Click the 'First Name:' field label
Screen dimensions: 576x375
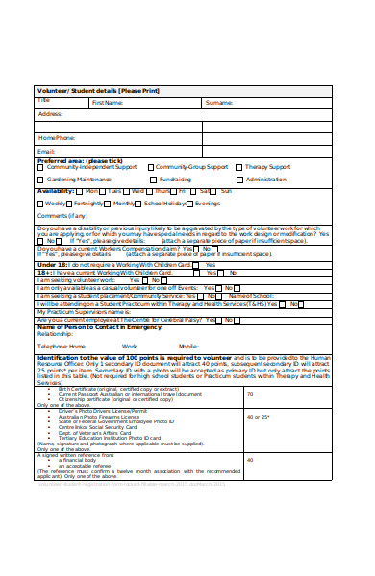coord(107,101)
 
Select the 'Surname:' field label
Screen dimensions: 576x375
coord(218,101)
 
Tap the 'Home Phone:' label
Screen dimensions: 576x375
coord(57,137)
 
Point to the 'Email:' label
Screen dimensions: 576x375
coord(46,151)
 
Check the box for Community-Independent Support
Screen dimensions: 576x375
coord(40,167)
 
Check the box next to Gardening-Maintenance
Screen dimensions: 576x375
coord(40,180)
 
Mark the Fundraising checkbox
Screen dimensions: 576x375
coord(152,180)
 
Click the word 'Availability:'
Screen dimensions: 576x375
coord(55,191)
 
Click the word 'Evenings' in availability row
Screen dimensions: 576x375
coord(207,204)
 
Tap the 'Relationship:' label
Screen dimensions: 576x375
coord(55,336)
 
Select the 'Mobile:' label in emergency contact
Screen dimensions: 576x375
coord(188,346)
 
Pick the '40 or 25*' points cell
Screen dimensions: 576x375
coord(257,418)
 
